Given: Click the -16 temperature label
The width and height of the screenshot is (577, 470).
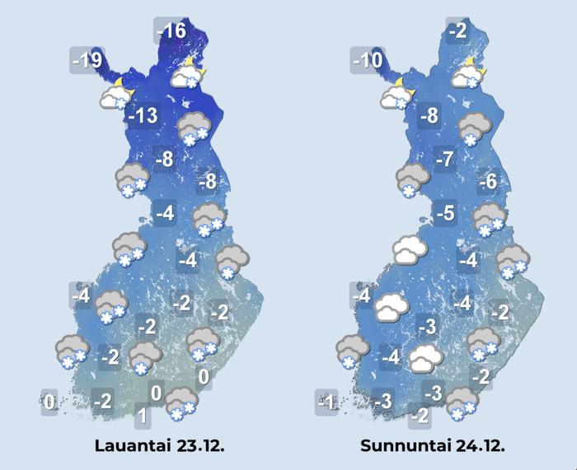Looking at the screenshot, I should (173, 32).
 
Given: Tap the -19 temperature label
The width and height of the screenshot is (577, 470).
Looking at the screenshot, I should (86, 60).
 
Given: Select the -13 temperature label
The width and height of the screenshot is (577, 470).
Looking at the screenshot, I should (142, 116).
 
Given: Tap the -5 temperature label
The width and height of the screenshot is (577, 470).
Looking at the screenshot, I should (445, 214).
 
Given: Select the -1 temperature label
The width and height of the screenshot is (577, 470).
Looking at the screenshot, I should (326, 403).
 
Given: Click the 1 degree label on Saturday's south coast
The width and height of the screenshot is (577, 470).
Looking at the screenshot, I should (142, 416).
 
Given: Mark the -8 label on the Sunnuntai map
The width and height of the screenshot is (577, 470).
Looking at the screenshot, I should (429, 116).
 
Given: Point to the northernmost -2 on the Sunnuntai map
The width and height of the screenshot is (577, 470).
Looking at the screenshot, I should (458, 32).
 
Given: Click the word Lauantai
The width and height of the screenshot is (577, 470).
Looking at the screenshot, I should (133, 446).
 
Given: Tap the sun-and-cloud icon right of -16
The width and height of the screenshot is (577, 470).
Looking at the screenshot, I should (188, 74).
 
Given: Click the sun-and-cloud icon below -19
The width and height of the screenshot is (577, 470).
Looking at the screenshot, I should (115, 95).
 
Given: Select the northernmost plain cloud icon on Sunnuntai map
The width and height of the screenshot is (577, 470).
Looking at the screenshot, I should (410, 249).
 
